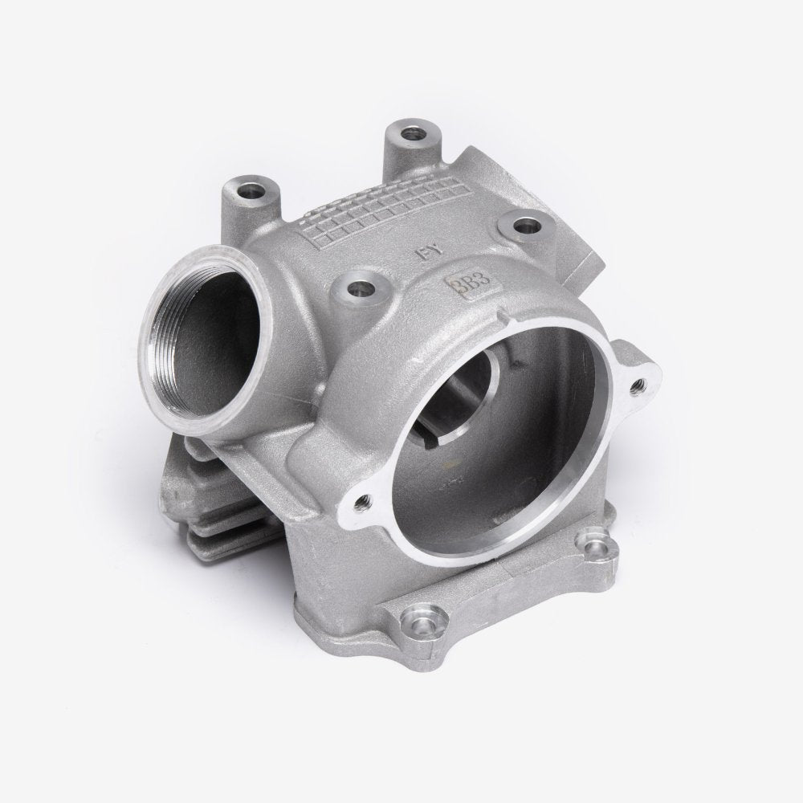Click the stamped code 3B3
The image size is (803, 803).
click(x=460, y=285)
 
